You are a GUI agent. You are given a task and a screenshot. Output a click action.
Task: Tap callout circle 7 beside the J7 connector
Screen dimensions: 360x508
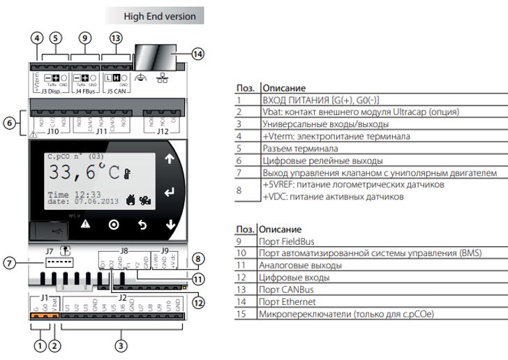[10, 262]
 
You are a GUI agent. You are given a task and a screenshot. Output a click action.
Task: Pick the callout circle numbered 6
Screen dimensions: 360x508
[9, 123]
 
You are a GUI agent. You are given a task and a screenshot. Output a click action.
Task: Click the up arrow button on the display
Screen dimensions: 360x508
[170, 159]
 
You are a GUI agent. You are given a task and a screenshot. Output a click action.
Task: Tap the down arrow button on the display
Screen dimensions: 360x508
[170, 224]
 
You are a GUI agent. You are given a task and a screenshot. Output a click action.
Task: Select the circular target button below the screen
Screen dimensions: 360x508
[114, 225]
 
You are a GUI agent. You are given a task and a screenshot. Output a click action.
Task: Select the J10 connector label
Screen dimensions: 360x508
[53, 130]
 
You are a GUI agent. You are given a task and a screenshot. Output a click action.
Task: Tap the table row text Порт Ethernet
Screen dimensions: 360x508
[287, 301]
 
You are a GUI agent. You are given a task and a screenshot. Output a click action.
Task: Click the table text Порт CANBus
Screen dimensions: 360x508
[286, 290]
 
